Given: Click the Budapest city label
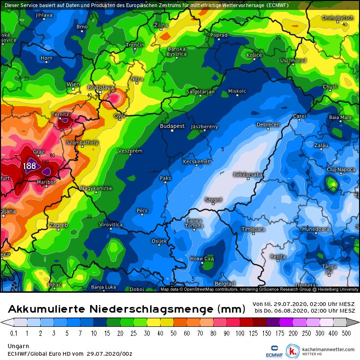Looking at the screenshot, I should click(172, 126).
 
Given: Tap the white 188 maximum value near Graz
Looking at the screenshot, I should click(29, 166).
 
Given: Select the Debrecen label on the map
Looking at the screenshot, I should click(268, 125).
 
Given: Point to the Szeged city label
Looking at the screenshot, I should click(213, 200).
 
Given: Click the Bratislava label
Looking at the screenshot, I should click(101, 88).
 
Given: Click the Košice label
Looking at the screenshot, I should click(254, 55).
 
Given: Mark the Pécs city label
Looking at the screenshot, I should click(142, 210).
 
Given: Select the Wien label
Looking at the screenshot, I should click(73, 84).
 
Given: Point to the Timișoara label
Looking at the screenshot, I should click(253, 229).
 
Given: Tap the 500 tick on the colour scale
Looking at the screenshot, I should click(346, 333).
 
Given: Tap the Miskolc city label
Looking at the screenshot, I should click(237, 91).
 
